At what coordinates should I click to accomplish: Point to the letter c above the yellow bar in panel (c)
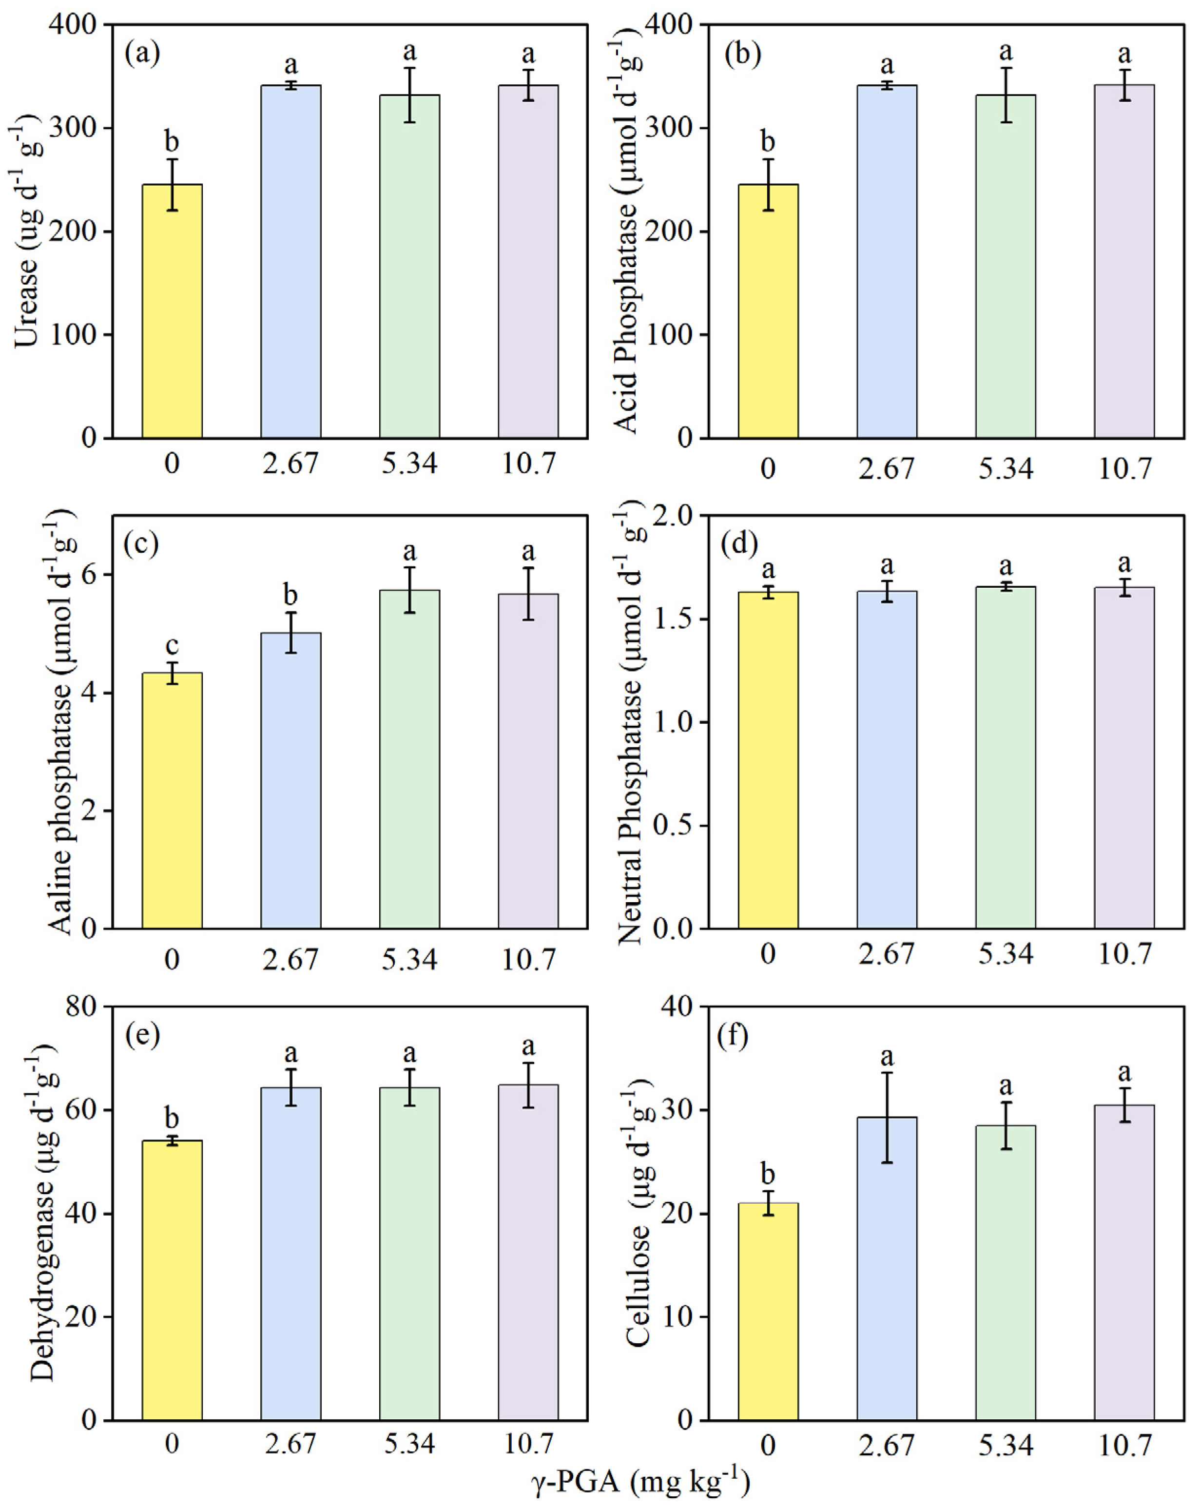172,644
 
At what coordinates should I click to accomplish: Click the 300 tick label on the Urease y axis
74,128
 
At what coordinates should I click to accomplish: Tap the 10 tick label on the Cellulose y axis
677,1316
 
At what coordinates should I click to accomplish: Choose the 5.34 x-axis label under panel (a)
409,464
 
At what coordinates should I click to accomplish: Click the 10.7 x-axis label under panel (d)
1124,953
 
